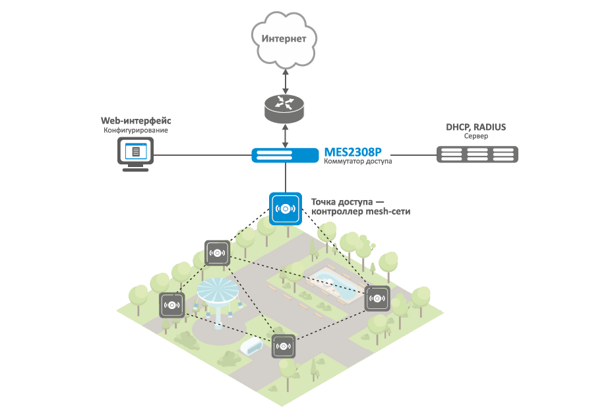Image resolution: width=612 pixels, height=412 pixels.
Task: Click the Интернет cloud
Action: point(284,40)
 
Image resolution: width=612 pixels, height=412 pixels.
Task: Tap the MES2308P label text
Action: point(353,151)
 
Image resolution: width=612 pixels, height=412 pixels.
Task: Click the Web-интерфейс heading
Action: point(136,121)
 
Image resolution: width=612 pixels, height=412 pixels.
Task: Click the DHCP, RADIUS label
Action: point(476,126)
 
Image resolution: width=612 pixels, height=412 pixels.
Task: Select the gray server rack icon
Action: point(477,155)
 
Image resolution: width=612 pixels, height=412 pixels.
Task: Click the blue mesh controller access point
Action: point(285,209)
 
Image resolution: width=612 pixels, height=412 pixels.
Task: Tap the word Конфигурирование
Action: point(136,131)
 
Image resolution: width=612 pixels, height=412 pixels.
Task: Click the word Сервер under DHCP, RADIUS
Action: point(476,136)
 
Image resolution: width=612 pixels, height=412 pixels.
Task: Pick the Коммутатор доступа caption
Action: point(358,162)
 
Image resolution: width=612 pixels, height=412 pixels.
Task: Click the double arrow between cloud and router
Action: point(285,80)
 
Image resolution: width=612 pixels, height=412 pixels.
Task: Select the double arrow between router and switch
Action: point(285,135)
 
